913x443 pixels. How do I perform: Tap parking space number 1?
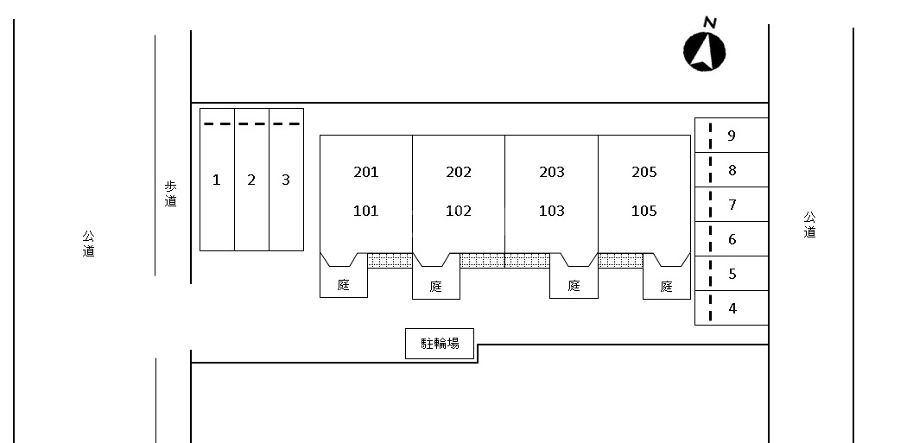[x=217, y=180]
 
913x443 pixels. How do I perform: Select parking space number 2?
[x=251, y=180]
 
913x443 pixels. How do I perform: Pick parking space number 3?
[x=286, y=180]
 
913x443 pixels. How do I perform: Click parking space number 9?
[x=732, y=136]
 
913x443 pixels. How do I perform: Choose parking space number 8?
[x=732, y=170]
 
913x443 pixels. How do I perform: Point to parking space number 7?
[x=732, y=205]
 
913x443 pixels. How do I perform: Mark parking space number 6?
[x=732, y=239]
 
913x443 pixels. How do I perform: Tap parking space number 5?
[x=732, y=274]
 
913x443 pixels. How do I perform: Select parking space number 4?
[x=732, y=308]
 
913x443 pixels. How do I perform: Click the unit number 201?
[x=366, y=172]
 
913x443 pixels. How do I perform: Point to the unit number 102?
[x=459, y=211]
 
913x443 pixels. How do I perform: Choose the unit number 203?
[x=552, y=172]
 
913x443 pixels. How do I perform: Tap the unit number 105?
[x=644, y=211]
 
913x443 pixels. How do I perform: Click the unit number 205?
[x=644, y=172]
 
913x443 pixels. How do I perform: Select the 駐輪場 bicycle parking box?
[x=441, y=343]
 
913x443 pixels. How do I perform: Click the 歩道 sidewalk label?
[x=170, y=193]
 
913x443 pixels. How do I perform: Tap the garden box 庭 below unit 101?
[x=344, y=284]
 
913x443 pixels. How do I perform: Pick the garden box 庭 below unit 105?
[x=666, y=286]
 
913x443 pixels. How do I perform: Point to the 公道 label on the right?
[x=809, y=225]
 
